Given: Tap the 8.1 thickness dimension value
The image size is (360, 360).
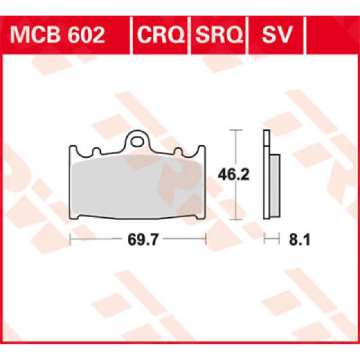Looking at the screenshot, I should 295,241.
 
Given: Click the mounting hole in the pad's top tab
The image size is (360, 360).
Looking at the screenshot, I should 139,142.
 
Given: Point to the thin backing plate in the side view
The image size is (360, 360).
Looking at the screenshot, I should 265,180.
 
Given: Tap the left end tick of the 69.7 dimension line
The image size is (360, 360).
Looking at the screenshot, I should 71,240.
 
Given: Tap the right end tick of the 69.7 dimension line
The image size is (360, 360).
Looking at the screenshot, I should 206,240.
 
